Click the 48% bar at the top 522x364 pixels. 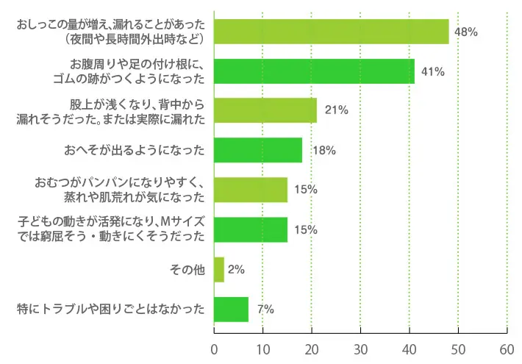point(331,32)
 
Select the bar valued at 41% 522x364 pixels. point(314,71)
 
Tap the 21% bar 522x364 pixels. point(265,110)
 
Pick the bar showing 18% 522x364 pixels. point(257,150)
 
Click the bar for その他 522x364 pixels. point(218,269)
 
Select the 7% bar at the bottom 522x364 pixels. point(231,309)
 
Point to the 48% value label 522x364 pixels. point(466,32)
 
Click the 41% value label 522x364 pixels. point(432,71)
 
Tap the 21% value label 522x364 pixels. point(336,110)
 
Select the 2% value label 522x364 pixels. point(236,270)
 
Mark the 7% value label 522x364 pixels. point(265,310)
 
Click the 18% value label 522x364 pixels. point(324,150)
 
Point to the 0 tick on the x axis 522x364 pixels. point(214,348)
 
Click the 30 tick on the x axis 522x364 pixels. point(360,348)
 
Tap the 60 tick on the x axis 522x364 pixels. point(507,348)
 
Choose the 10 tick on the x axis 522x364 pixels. point(262,348)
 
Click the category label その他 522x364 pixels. point(187,270)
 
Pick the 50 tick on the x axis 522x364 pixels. point(458,348)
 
